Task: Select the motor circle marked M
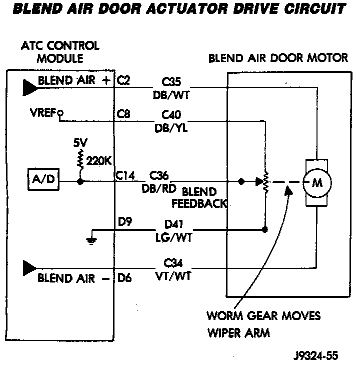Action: pyautogui.click(x=316, y=182)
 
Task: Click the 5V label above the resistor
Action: pyautogui.click(x=80, y=142)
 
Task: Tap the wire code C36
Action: pyautogui.click(x=160, y=176)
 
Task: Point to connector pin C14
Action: pyautogui.click(x=125, y=175)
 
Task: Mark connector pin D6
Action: pyautogui.click(x=124, y=278)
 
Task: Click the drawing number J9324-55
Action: pyautogui.click(x=315, y=356)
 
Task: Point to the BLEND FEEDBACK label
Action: pyautogui.click(x=199, y=198)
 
